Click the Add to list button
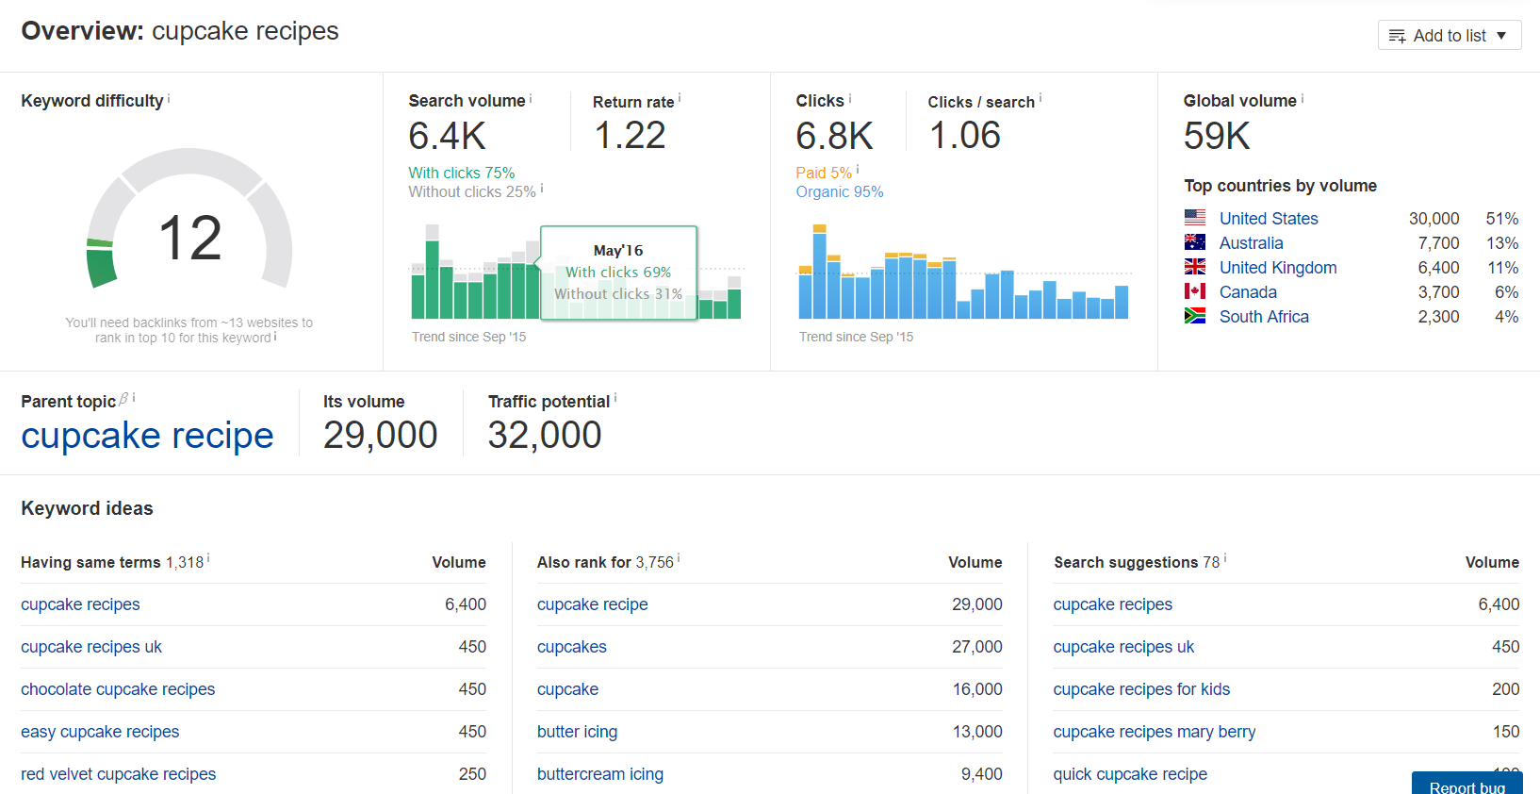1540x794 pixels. tap(1449, 36)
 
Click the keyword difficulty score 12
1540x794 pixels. tap(189, 238)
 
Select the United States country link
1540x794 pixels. tap(1268, 219)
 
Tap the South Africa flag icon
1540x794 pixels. tap(1194, 316)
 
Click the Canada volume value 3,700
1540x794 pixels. tap(1438, 292)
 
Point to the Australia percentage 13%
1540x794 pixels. tap(1501, 243)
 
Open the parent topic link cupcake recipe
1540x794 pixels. tap(147, 436)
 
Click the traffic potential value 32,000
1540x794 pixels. tap(544, 436)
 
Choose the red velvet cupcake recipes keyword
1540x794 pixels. tap(118, 774)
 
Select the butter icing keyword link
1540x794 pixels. tap(577, 732)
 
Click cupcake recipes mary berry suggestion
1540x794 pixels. tap(1154, 732)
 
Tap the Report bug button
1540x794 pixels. tap(1466, 786)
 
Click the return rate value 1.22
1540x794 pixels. tap(630, 136)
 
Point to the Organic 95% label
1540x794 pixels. tap(839, 191)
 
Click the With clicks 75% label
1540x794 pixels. tap(461, 173)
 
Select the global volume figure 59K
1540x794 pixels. tap(1216, 137)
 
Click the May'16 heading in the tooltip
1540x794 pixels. tap(618, 250)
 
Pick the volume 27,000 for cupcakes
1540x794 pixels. tap(976, 647)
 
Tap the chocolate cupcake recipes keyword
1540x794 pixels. tap(118, 689)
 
